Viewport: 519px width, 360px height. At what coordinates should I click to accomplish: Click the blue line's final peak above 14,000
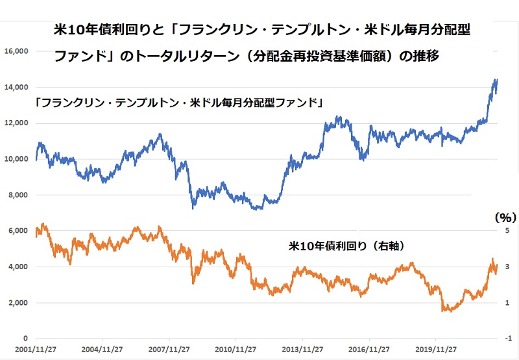496,80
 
